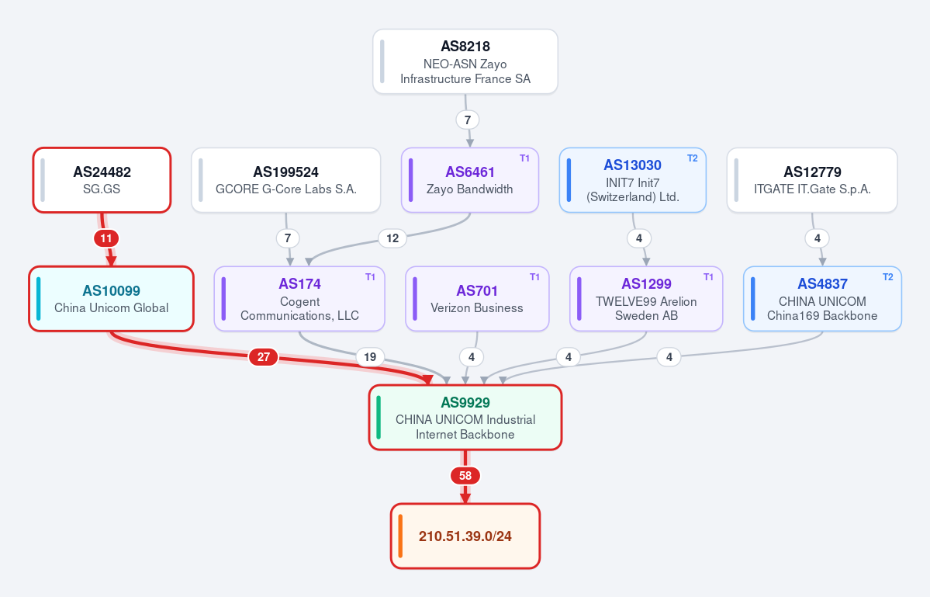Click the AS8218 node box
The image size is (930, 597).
coord(465,61)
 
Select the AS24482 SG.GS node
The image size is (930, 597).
coord(102,180)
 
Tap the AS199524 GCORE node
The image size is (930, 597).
coord(286,180)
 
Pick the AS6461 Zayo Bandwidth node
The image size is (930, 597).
coord(470,180)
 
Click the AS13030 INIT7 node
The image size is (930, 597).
coord(633,180)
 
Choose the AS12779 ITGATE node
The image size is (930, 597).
coord(812,180)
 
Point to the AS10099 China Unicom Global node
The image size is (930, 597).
coord(112,298)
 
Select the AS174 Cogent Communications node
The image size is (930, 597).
coord(299,298)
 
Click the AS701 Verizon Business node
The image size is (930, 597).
coord(477,298)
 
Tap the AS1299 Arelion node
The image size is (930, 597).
coord(646,298)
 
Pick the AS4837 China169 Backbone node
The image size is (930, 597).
coord(822,298)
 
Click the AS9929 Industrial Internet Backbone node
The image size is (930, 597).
coord(465,417)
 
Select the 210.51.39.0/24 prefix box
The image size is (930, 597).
coord(465,536)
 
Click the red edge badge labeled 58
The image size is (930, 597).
coord(465,475)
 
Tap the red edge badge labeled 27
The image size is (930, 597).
coord(264,356)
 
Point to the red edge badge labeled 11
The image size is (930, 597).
coord(106,238)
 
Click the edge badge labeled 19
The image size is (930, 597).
coord(370,356)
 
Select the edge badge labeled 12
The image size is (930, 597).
coord(392,238)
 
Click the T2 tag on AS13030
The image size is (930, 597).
coord(692,158)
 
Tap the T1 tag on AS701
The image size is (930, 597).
coord(534,276)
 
